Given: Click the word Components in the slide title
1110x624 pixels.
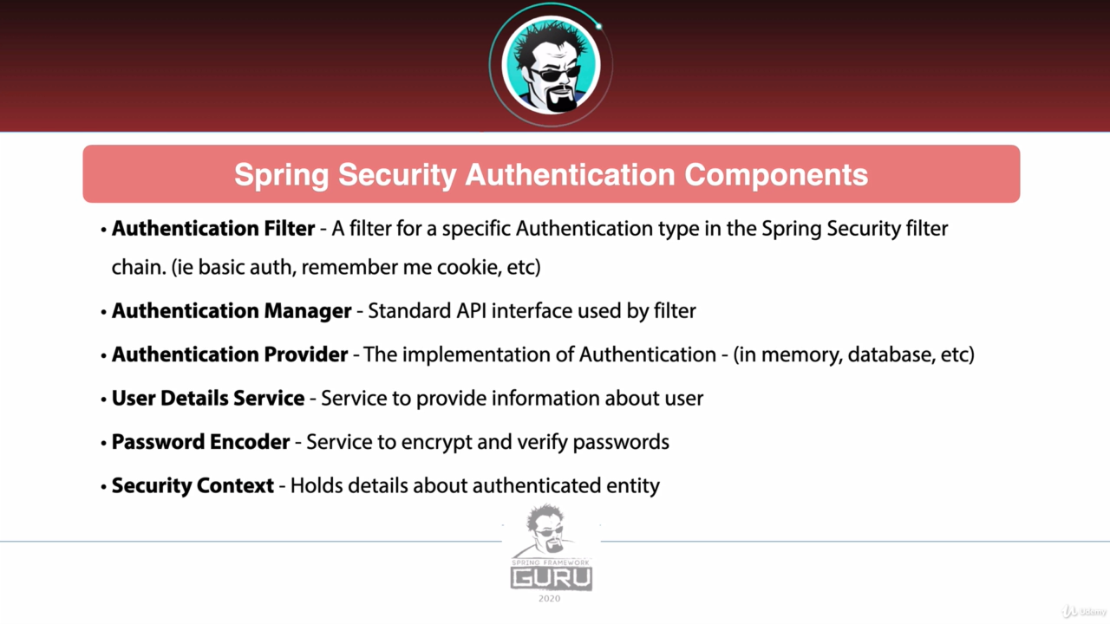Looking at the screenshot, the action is point(776,175).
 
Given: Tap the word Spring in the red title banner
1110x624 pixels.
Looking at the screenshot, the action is point(281,176).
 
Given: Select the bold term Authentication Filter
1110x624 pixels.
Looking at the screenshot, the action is point(213,228).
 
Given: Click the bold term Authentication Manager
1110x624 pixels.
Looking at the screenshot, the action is point(232,311).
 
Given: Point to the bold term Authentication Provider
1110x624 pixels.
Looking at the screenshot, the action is point(230,354).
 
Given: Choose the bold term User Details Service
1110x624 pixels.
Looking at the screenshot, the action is point(208,398).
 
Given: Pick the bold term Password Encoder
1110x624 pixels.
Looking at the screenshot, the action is point(200,442).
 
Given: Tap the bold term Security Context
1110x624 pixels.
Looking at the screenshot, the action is point(193,485).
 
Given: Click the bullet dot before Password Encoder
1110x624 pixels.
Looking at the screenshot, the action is point(103,442).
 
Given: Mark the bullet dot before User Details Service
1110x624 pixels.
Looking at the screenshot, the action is point(103,399).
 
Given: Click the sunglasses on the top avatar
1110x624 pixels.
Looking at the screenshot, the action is point(555,75).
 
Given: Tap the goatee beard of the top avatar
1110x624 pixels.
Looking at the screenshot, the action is point(561,99).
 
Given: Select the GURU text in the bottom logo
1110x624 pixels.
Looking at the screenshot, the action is point(551,578).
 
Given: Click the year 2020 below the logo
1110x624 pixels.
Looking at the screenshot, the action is point(550,599).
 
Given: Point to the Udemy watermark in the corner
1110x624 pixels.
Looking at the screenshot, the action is point(1084,612).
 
